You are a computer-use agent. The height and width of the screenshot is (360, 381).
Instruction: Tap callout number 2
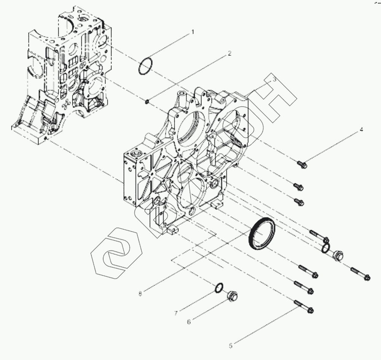coord(229,54)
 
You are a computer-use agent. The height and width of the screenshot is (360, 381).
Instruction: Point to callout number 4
coord(361,130)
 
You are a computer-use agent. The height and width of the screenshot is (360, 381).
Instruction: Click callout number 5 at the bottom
coord(230,346)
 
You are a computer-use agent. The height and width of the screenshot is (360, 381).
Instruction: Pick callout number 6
coord(188,321)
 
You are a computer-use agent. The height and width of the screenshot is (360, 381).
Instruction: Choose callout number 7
coord(176,313)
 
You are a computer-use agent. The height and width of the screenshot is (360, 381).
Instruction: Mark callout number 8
coord(140,293)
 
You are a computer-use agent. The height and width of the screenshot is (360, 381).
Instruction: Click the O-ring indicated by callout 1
coord(145,66)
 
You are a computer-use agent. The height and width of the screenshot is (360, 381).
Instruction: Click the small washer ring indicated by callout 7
coord(218,288)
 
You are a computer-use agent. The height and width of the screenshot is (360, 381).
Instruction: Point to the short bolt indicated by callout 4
coord(302,165)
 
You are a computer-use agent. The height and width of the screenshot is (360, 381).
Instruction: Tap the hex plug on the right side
coord(337,256)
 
